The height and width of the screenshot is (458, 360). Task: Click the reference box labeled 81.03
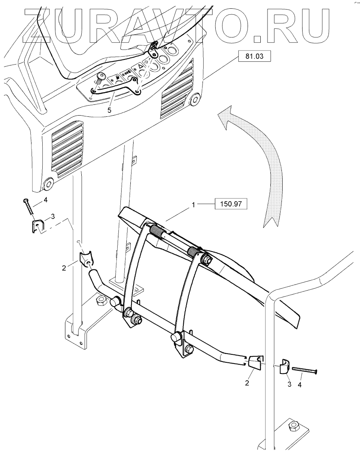pyautogui.click(x=254, y=57)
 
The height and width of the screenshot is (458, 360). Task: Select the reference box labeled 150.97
pyautogui.click(x=231, y=204)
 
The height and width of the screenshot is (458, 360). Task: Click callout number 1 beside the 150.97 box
pyautogui.click(x=193, y=204)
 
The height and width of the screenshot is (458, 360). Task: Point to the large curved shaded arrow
pyautogui.click(x=255, y=159)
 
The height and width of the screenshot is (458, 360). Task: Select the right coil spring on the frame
pyautogui.click(x=195, y=252)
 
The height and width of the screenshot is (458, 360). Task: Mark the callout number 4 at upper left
pyautogui.click(x=45, y=200)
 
